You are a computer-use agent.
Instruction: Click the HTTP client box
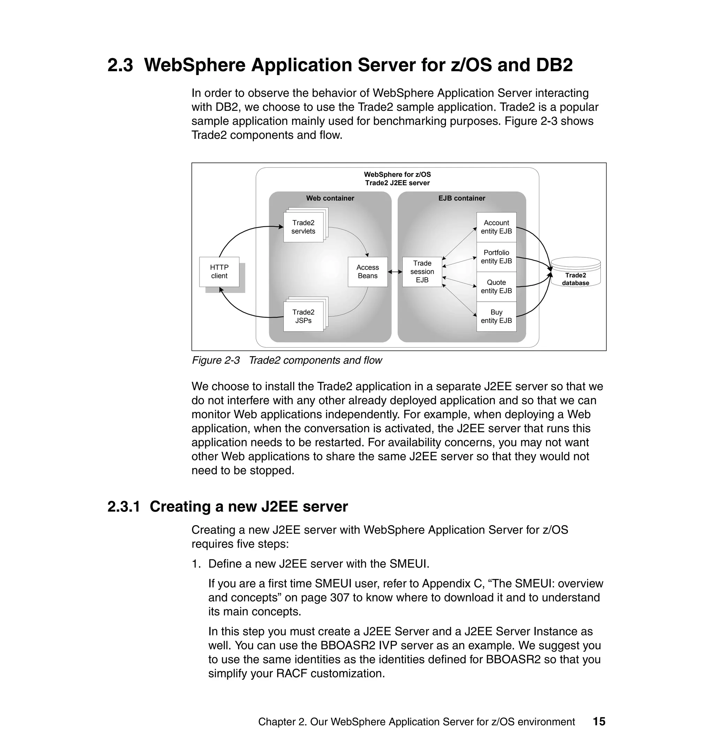[219, 271]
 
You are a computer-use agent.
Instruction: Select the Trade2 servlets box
[303, 227]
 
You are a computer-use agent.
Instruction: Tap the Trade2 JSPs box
[303, 316]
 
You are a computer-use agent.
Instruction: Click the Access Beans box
[368, 271]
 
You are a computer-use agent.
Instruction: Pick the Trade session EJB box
[422, 271]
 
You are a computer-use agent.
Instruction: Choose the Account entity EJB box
[496, 227]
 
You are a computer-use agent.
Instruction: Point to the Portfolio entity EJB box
[496, 257]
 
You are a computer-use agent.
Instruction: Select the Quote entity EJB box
[496, 286]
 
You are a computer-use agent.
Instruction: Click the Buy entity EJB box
[496, 316]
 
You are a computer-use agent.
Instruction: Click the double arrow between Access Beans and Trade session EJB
[395, 272]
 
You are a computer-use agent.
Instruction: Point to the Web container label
[330, 198]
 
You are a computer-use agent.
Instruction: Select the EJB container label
[462, 198]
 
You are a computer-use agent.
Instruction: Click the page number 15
[599, 721]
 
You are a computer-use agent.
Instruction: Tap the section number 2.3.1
[124, 507]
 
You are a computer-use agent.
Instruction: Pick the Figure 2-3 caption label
[216, 360]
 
